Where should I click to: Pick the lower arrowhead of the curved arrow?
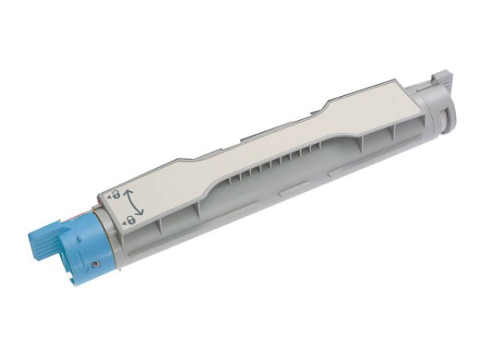[141, 214]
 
